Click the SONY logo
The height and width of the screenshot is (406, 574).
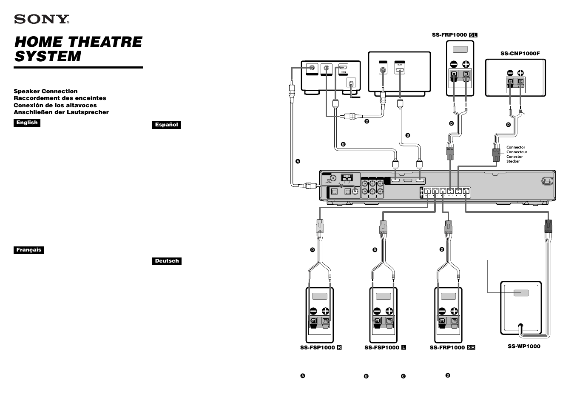(42, 19)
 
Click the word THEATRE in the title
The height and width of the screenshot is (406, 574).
(105, 42)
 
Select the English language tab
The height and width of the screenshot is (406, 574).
(27, 123)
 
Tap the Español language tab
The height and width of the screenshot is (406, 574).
(166, 125)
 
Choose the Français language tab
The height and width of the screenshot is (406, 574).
(28, 250)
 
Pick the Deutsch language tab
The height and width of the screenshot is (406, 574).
(167, 261)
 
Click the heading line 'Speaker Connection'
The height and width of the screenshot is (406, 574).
(45, 91)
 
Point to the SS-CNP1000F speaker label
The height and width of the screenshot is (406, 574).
(520, 54)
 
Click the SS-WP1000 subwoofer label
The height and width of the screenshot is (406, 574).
(524, 346)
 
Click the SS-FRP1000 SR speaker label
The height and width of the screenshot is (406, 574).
(452, 348)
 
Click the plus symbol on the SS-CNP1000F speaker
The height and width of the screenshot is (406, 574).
(520, 73)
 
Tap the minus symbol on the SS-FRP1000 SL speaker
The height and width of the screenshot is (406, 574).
(454, 64)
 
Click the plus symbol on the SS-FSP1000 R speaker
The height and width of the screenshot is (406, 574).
(326, 311)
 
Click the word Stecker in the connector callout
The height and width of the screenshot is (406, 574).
(513, 161)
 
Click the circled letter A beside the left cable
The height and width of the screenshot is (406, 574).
(298, 161)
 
